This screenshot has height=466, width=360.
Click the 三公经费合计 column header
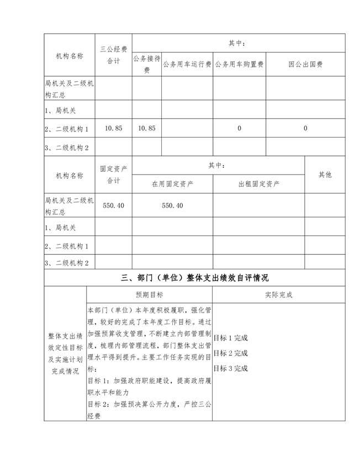click(113, 55)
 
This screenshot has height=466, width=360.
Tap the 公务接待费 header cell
click(146, 64)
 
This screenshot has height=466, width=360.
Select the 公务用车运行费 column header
click(187, 65)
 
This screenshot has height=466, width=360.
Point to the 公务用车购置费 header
click(239, 65)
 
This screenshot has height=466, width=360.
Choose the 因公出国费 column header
click(305, 65)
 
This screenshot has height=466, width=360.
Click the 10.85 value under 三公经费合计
click(113, 128)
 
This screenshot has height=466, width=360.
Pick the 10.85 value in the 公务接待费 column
click(146, 128)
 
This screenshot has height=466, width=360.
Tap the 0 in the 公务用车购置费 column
click(239, 128)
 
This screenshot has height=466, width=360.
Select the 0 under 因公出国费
click(305, 128)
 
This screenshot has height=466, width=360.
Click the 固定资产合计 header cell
click(113, 174)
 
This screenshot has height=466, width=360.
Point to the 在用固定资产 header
click(172, 184)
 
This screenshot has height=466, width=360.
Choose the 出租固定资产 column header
click(258, 184)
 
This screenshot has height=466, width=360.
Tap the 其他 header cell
click(325, 174)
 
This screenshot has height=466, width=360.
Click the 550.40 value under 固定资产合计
click(113, 205)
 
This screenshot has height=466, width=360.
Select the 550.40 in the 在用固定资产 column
click(172, 205)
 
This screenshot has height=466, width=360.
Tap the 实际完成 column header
click(278, 295)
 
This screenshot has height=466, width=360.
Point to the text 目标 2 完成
click(230, 353)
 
